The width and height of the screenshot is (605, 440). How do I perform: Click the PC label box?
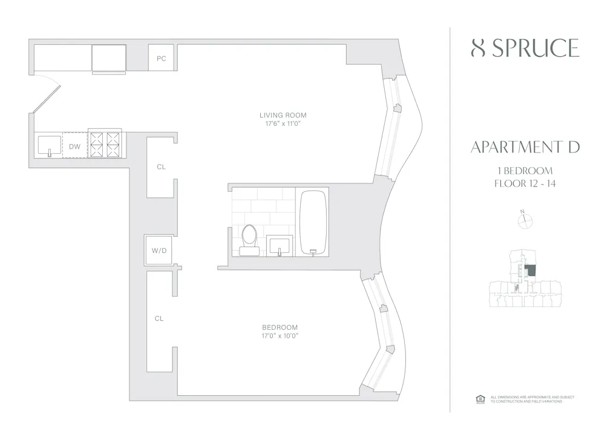tap(162, 58)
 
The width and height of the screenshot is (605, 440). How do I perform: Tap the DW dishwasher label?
tap(74, 146)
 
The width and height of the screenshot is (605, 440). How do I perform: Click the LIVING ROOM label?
tap(283, 115)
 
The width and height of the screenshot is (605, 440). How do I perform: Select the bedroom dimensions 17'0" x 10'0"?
tap(280, 335)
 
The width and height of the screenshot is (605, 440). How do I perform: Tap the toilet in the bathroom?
tap(249, 238)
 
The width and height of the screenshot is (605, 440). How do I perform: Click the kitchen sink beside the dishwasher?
tap(50, 146)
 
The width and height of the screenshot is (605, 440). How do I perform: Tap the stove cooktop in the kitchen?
tap(105, 145)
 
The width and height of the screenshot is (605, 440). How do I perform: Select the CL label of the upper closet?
tap(160, 167)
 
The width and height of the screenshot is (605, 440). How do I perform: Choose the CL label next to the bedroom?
tap(159, 318)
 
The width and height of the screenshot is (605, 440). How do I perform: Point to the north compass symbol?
tap(524, 221)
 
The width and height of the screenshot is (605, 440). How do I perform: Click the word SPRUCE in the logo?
tap(535, 48)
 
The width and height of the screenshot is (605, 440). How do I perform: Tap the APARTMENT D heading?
tap(525, 147)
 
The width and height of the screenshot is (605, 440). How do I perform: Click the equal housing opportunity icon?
tap(480, 399)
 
